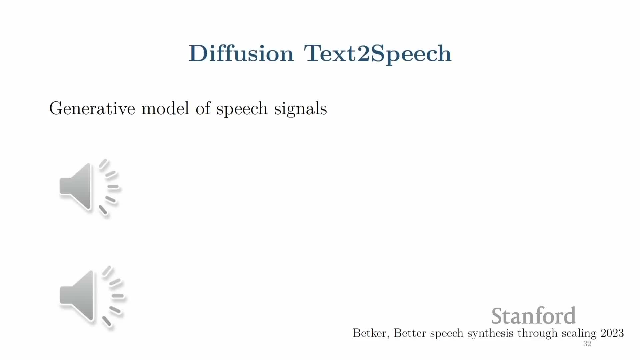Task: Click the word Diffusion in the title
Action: pyautogui.click(x=241, y=53)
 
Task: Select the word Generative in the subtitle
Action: pyautogui.click(x=92, y=108)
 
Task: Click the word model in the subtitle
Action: pyautogui.click(x=165, y=108)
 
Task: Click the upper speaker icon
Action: pyautogui.click(x=89, y=188)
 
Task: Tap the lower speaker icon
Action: pyautogui.click(x=91, y=298)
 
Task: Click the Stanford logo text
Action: pyautogui.click(x=533, y=316)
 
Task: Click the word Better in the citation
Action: pyautogui.click(x=410, y=333)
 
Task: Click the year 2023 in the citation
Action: pyautogui.click(x=612, y=333)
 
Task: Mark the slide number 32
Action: pyautogui.click(x=587, y=344)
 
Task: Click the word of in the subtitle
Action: pyautogui.click(x=203, y=108)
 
